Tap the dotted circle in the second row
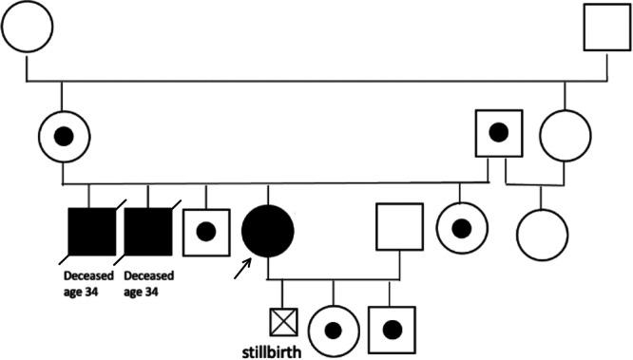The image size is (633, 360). pos(62,136)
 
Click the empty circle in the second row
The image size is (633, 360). pos(566,136)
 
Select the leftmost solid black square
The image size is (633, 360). pos(89,232)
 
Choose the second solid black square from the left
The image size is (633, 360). pos(149,232)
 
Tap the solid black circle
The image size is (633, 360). pos(268,231)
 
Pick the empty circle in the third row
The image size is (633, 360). pos(543,232)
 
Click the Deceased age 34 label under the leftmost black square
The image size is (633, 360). pos(88,283)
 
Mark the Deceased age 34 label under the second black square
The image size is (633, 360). pos(149,283)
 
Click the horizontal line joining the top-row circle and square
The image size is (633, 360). pos(314,79)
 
